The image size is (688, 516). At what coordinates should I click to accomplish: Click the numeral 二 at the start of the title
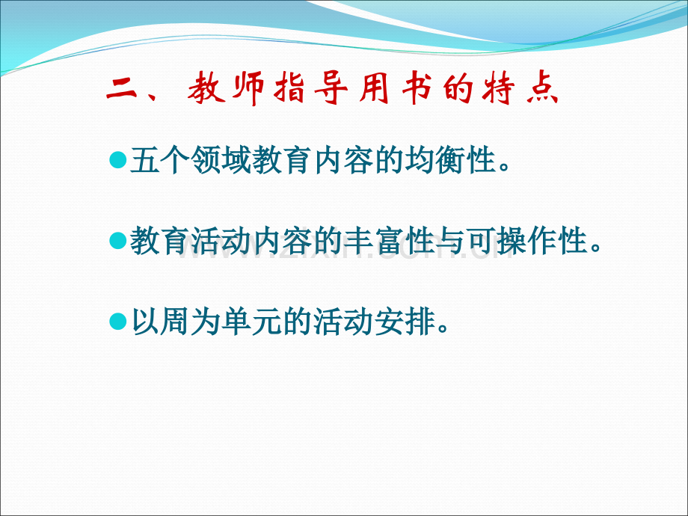point(121,89)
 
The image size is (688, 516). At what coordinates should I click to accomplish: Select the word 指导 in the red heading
point(310,87)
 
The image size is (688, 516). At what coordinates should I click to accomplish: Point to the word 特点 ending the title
point(520,87)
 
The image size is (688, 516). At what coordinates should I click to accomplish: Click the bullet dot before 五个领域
point(117,160)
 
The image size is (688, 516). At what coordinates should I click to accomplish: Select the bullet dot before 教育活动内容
point(117,241)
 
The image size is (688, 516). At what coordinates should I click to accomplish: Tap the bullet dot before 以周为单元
point(117,321)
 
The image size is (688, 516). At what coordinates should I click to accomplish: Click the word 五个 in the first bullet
point(160,160)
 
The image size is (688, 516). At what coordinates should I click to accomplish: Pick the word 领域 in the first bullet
point(221,160)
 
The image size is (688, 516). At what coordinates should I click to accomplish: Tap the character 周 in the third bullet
point(176,321)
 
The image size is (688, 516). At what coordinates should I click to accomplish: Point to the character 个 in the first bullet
point(176,160)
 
